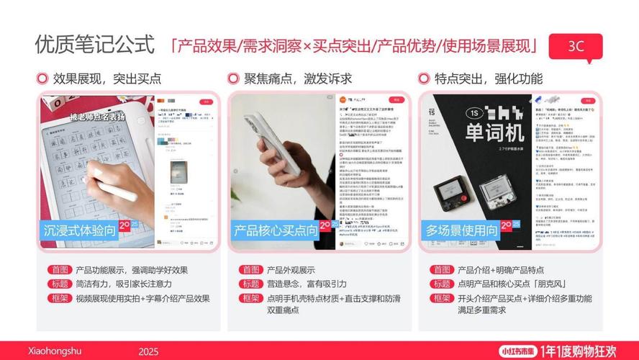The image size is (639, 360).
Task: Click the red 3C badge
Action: coord(576,45)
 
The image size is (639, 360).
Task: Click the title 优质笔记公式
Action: coord(94,45)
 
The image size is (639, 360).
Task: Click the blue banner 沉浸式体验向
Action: coord(79,230)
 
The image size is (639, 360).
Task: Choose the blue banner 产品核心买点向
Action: coord(275,230)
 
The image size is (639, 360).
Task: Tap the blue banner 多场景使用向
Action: coord(461,230)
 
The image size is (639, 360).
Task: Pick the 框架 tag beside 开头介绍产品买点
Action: coord(441,298)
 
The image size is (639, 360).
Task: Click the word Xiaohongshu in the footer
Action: coord(55,351)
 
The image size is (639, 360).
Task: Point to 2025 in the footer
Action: coord(148,351)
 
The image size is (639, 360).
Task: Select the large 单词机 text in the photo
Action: coord(476,132)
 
